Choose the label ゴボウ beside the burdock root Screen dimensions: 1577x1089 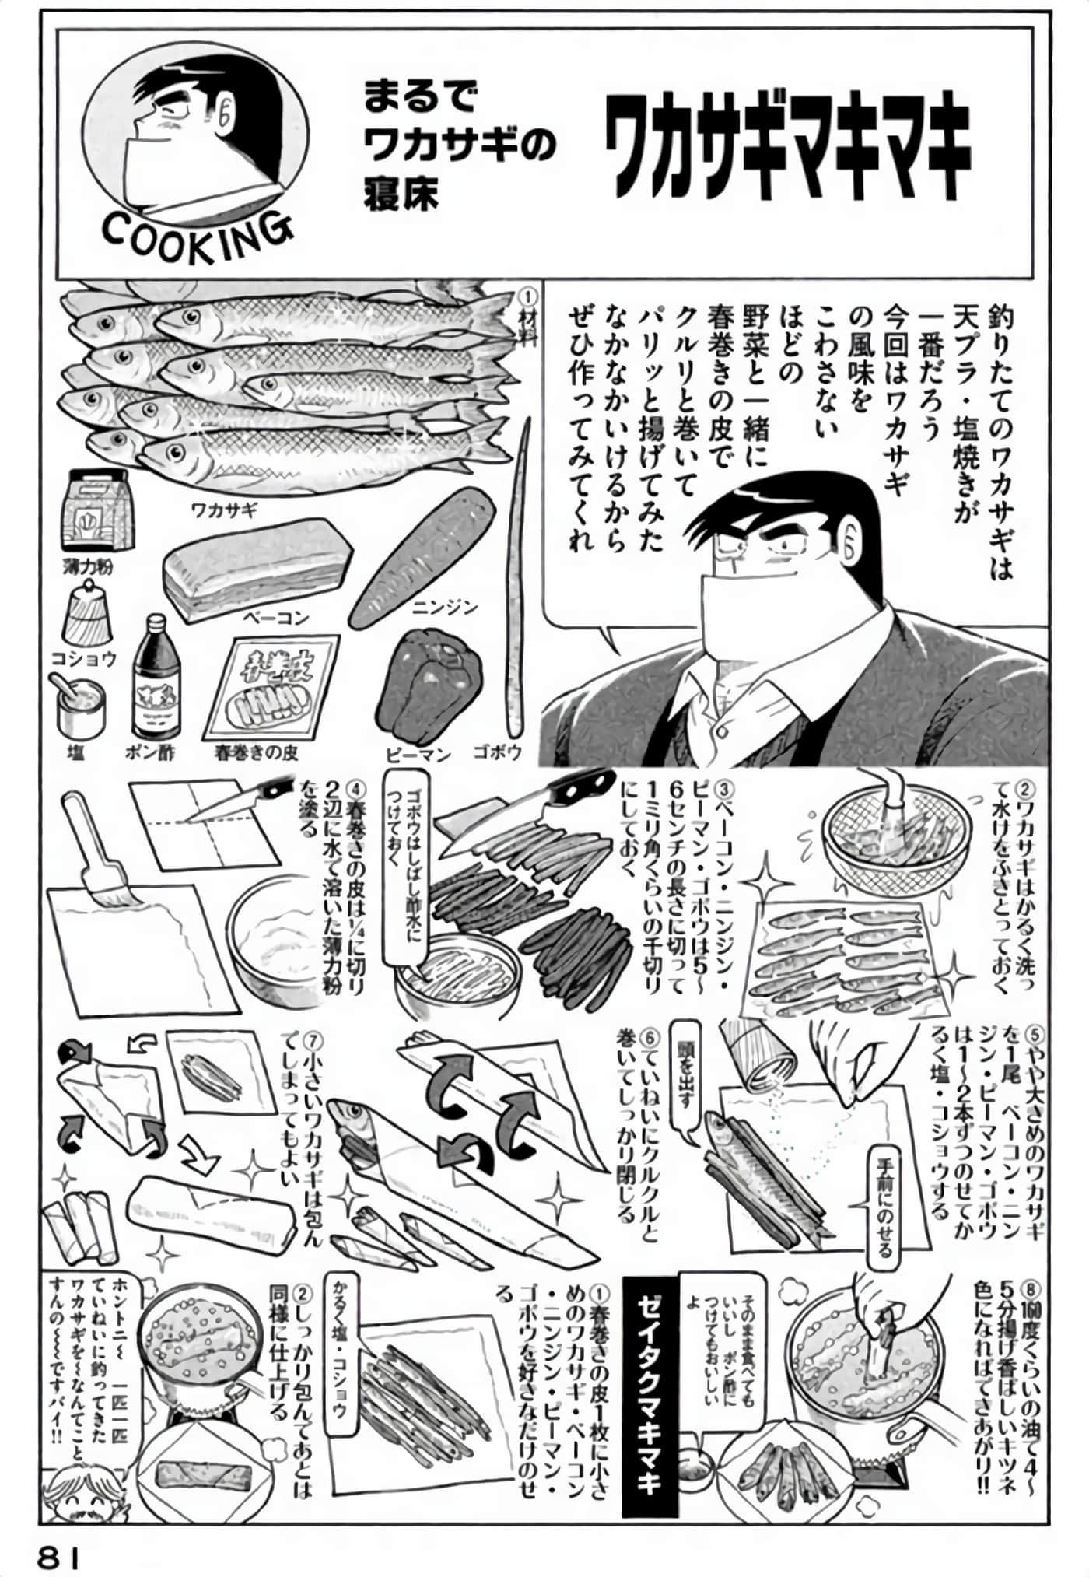point(497,752)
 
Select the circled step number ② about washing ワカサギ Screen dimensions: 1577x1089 point(1025,790)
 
